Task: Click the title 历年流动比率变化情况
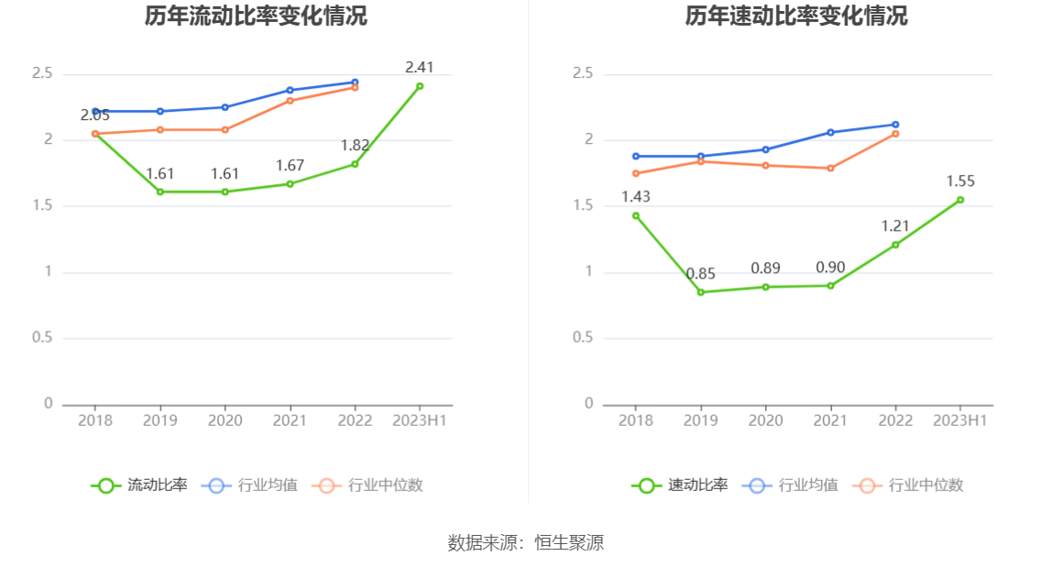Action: tap(256, 16)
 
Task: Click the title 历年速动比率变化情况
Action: tap(796, 16)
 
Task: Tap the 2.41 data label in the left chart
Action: tap(420, 67)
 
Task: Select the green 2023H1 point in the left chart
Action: tap(420, 86)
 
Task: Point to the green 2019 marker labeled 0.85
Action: tap(701, 292)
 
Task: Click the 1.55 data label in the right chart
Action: tap(960, 181)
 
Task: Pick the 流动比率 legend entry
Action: tap(140, 485)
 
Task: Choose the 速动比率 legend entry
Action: tap(681, 485)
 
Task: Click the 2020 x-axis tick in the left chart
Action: tap(225, 420)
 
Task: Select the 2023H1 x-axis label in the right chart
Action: tap(960, 420)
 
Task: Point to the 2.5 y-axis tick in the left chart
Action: tap(42, 73)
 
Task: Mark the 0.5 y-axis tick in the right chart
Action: tap(583, 338)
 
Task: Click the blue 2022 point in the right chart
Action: tap(895, 125)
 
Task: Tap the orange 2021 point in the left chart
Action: tap(290, 100)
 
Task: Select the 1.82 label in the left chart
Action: tap(355, 146)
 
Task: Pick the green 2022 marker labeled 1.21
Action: tap(895, 245)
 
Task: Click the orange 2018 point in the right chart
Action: tap(636, 173)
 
